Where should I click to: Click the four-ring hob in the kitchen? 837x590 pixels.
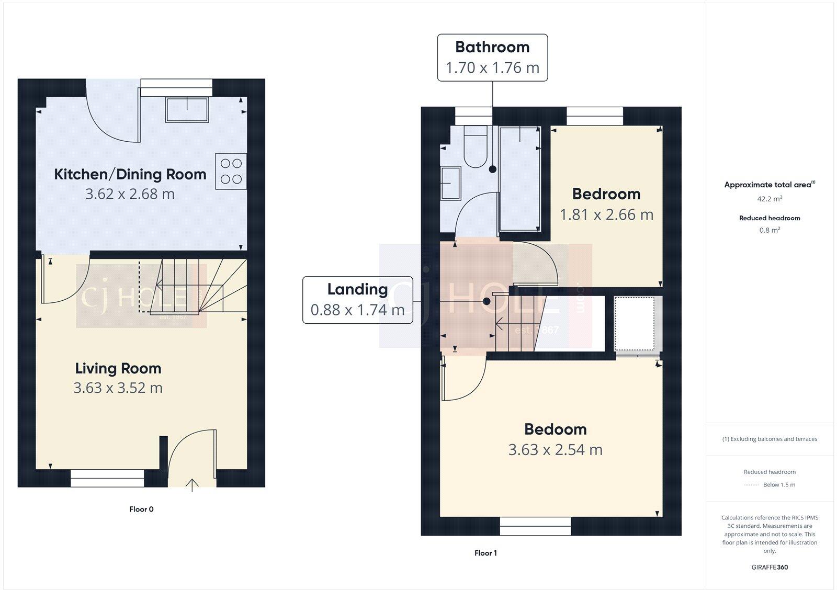pos(231,172)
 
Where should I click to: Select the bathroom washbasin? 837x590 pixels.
pos(450,183)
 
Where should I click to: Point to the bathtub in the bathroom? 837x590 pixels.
pos(519,179)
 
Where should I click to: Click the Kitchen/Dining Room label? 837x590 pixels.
pos(130,174)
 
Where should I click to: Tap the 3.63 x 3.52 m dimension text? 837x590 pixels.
pos(118,388)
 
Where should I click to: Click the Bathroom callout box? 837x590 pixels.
pos(492,58)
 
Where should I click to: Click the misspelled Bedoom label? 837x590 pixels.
pos(555,429)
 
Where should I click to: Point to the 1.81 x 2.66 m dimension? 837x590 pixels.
pos(606,215)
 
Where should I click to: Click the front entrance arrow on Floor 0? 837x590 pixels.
pos(192,485)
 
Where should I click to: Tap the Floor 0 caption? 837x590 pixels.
pos(141,509)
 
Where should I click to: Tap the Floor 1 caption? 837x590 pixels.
pos(485,553)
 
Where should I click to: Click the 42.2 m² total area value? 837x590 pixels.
pos(770,199)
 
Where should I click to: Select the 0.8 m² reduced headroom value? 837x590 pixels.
pos(770,230)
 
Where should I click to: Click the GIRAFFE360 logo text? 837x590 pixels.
pos(770,567)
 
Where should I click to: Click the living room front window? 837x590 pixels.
pos(107,478)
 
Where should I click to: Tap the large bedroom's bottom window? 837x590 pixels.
pos(535,526)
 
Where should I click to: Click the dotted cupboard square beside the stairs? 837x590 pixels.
pos(634,324)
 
